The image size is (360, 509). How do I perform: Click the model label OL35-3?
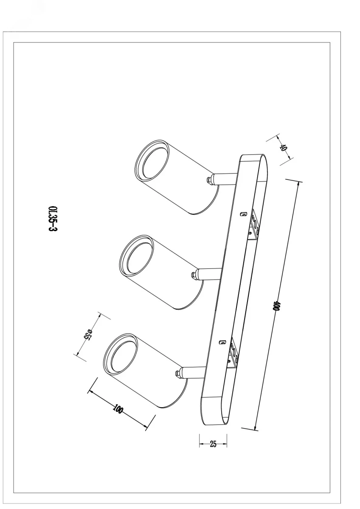[x=53, y=218]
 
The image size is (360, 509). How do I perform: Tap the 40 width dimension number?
[x=283, y=148]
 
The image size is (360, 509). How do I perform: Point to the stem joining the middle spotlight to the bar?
[x=209, y=274]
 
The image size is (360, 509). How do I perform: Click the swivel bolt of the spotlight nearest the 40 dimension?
[x=209, y=180]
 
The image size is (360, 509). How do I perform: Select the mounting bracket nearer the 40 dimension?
[x=254, y=224]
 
